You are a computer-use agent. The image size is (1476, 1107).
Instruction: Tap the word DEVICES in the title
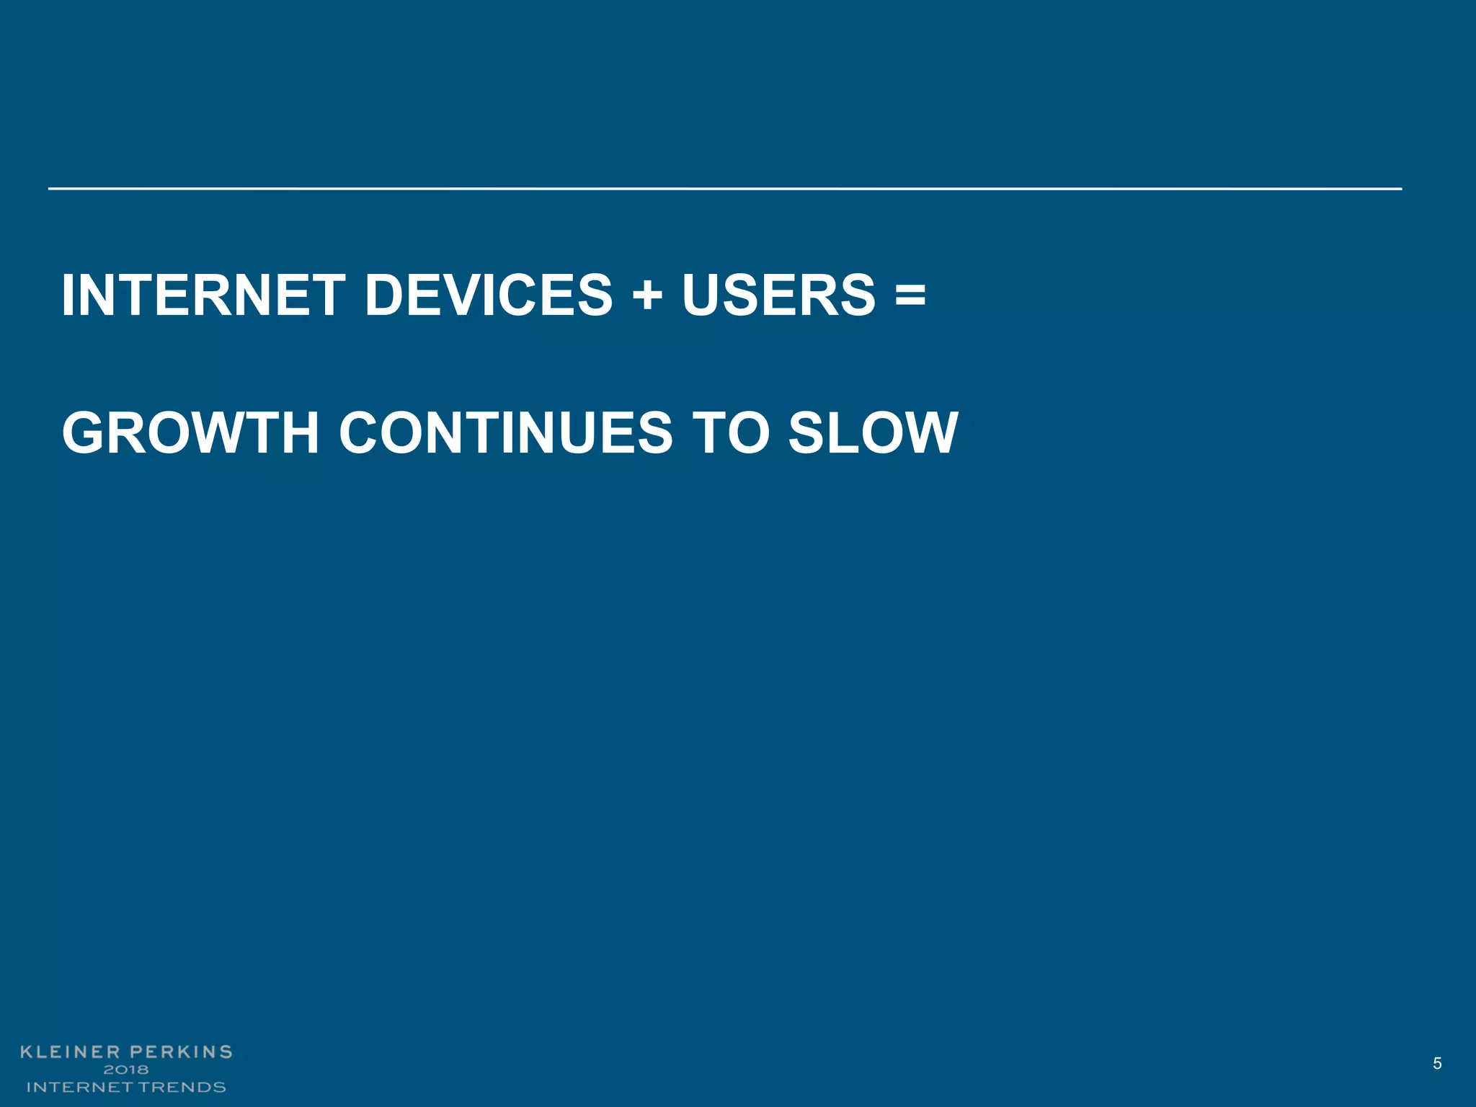click(489, 295)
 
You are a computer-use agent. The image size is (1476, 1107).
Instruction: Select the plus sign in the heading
click(647, 297)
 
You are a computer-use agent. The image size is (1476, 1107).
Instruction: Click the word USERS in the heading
click(778, 295)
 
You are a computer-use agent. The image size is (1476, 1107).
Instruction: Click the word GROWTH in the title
click(190, 433)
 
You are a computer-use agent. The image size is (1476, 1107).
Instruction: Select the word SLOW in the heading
click(873, 433)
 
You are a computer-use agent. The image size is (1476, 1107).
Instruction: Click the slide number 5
click(1437, 1064)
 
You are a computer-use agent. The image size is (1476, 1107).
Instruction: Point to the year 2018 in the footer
click(126, 1070)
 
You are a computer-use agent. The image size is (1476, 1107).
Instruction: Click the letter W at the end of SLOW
click(925, 433)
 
